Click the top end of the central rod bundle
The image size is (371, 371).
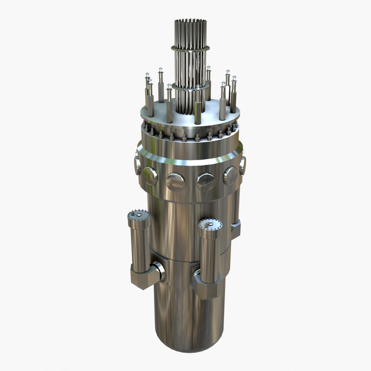190,21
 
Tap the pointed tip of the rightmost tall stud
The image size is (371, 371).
234,78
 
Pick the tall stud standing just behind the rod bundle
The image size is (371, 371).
209,82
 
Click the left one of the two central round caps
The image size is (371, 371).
175,182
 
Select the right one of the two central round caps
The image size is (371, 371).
205,182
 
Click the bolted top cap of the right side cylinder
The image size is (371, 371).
210,224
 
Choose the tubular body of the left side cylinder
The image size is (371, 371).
139,244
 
